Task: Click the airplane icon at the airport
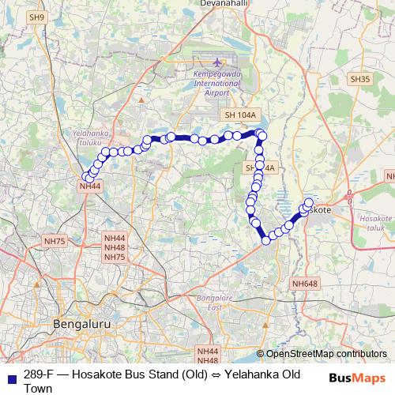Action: tap(219, 61)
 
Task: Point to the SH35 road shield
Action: tap(359, 79)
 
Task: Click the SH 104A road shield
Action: tap(241, 115)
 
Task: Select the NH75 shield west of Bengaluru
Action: tap(55, 241)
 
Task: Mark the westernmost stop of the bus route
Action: tap(86, 177)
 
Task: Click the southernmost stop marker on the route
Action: tap(265, 240)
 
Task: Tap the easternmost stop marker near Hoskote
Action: tap(309, 202)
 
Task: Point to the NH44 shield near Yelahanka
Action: tap(89, 186)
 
